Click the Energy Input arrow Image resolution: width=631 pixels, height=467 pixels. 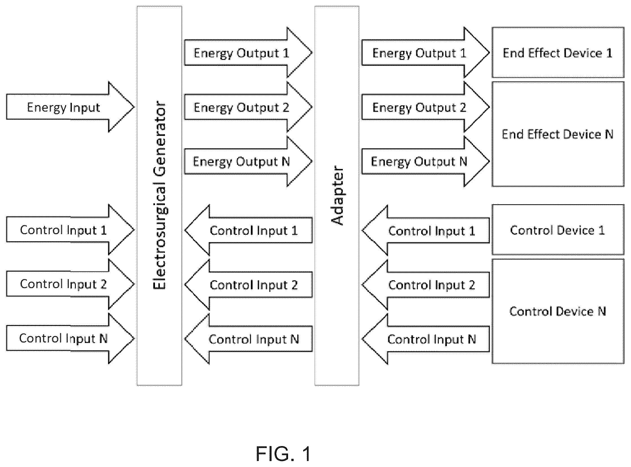(70, 107)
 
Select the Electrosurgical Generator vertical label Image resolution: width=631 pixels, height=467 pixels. (159, 195)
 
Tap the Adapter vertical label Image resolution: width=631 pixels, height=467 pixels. (337, 195)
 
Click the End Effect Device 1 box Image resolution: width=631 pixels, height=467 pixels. (558, 53)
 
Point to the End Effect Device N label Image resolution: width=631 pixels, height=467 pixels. (557, 134)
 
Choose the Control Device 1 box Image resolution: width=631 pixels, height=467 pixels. (558, 229)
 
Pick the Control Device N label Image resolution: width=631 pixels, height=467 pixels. (557, 311)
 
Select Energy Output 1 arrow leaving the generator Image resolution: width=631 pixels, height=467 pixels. (248, 53)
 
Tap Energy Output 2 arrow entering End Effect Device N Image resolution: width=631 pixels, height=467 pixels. (426, 107)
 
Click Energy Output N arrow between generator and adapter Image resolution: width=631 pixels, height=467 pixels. (248, 161)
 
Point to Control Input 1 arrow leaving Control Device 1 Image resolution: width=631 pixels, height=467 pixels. (426, 230)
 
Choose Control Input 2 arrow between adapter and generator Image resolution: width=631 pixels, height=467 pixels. (248, 285)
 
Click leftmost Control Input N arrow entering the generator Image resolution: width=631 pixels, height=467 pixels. (70, 338)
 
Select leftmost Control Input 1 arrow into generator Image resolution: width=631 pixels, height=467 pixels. (70, 229)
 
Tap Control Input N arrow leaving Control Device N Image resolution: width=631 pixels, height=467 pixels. (426, 339)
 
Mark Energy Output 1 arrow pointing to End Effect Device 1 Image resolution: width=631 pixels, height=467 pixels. (426, 53)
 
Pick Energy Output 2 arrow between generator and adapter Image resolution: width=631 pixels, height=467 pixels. (248, 107)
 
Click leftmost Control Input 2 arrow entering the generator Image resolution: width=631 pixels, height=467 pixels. (70, 284)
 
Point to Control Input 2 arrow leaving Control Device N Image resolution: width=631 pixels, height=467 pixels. (426, 285)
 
